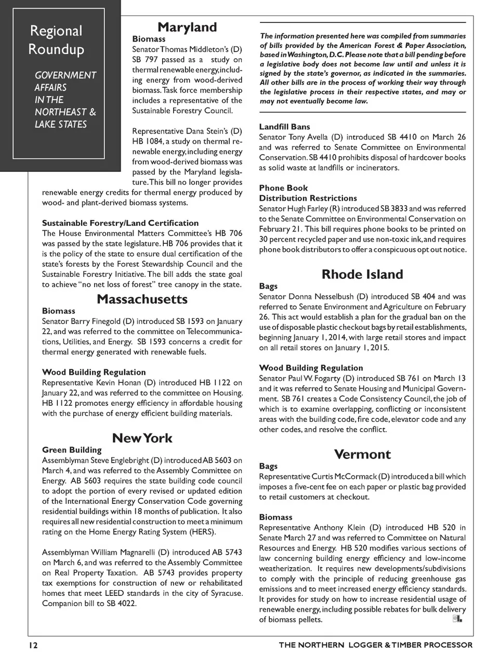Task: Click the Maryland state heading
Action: click(x=187, y=27)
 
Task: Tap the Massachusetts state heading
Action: click(x=142, y=299)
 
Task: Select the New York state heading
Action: click(x=142, y=438)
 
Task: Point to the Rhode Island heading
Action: click(x=362, y=274)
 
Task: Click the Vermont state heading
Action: click(x=362, y=455)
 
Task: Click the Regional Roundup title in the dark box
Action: click(x=56, y=40)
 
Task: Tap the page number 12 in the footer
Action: click(x=33, y=645)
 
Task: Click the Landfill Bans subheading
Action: click(x=284, y=127)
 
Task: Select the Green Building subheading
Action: click(x=72, y=450)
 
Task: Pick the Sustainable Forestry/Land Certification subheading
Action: click(x=120, y=223)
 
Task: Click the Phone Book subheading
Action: click(x=283, y=188)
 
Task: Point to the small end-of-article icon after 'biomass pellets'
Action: click(x=457, y=619)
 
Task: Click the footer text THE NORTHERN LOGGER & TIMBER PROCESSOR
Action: click(x=375, y=645)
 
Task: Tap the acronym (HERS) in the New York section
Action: click(x=200, y=532)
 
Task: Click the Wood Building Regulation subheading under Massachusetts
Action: click(x=94, y=372)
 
